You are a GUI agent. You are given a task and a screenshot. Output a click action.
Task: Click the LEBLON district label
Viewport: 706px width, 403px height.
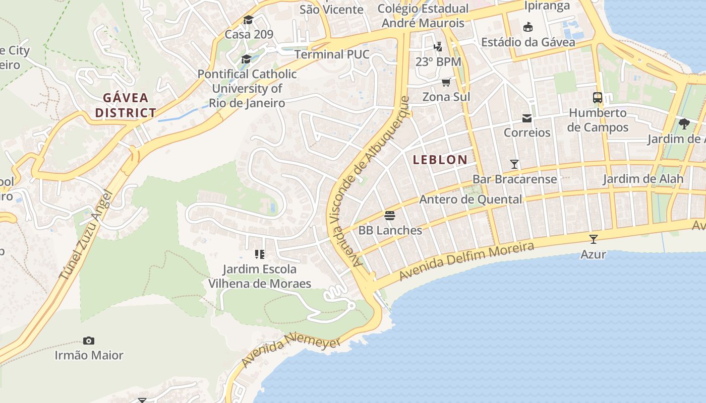pos(440,160)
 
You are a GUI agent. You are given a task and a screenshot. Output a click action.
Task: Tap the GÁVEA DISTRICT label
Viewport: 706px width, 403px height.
pos(126,105)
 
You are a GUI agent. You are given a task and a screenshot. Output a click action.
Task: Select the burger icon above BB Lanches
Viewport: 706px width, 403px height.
pos(390,216)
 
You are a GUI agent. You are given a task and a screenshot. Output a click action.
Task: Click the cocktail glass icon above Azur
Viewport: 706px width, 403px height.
pos(593,239)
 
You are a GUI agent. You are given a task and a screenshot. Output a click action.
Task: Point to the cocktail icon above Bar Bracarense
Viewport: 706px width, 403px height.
pos(514,164)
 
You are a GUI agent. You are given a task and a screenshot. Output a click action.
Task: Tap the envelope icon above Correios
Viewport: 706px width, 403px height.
pos(527,118)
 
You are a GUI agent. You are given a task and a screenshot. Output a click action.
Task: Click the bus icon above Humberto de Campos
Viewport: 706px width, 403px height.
pos(598,98)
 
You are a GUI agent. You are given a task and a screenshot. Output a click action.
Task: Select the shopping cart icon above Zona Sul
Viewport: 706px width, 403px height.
pos(446,82)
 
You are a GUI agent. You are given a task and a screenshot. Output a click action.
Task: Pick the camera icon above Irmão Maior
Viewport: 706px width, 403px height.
pos(89,341)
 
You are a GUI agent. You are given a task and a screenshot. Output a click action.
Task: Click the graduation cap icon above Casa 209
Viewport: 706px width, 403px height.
pos(248,20)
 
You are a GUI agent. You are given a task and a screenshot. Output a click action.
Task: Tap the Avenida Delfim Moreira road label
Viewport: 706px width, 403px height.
pos(466,261)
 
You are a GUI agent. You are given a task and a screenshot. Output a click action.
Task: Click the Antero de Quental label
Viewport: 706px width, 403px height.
pos(470,199)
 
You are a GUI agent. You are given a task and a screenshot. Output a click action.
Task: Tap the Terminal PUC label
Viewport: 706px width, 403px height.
pos(332,54)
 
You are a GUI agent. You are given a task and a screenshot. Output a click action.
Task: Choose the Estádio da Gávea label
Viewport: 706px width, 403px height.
pos(528,42)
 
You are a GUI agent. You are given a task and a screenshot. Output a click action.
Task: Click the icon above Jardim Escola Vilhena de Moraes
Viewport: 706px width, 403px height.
pos(260,254)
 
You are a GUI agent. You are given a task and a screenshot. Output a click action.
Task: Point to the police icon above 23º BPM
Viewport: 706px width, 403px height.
pos(438,47)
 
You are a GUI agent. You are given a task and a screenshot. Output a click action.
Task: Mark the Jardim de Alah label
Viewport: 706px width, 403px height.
pos(643,178)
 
